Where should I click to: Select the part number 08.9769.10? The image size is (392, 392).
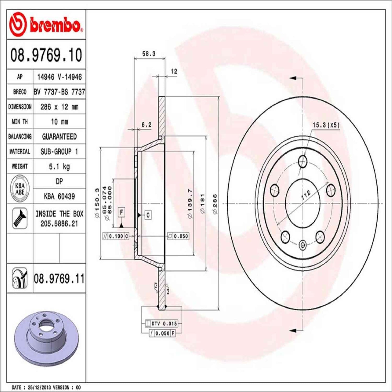[x=46, y=55]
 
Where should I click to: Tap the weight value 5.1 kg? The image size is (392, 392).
[x=59, y=166]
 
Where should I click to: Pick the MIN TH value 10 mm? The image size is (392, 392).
[x=59, y=122]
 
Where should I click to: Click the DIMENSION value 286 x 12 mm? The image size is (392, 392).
[x=59, y=107]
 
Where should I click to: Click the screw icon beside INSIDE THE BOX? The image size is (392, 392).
[x=20, y=218]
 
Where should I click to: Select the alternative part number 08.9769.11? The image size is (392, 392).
[x=59, y=279]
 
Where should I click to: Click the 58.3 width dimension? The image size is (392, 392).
[x=149, y=54]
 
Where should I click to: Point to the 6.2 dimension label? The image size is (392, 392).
[x=146, y=125]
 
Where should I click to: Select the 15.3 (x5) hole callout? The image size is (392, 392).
[x=326, y=125]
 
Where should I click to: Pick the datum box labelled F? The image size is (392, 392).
[x=121, y=212]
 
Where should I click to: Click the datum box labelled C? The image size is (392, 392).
[x=148, y=215]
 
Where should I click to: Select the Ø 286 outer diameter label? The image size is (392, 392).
[x=215, y=204]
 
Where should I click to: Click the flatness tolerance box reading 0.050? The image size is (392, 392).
[x=178, y=236]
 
